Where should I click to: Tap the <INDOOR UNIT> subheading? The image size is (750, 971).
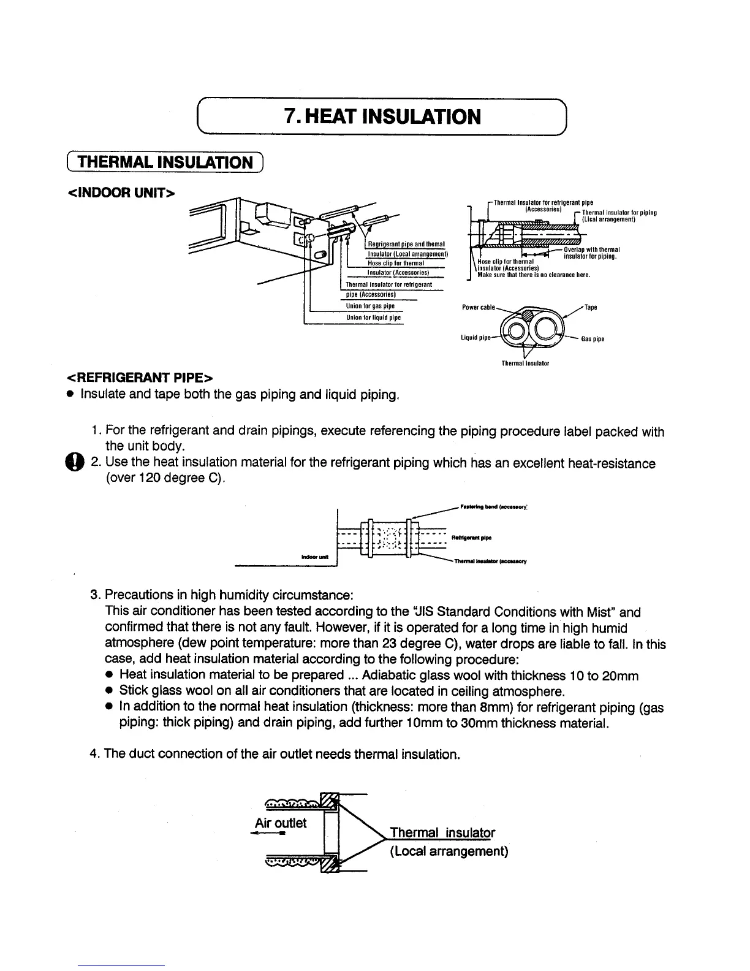tap(121, 193)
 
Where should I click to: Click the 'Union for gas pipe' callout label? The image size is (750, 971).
tap(370, 307)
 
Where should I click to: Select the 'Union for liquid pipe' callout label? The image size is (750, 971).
tap(374, 318)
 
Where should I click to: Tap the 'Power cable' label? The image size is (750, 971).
tap(478, 307)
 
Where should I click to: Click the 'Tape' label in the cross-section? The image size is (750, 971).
tap(591, 307)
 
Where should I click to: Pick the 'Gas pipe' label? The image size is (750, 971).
tap(593, 339)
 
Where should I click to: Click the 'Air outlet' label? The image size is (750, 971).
tap(281, 823)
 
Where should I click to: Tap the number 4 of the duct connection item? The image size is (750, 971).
tap(94, 753)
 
